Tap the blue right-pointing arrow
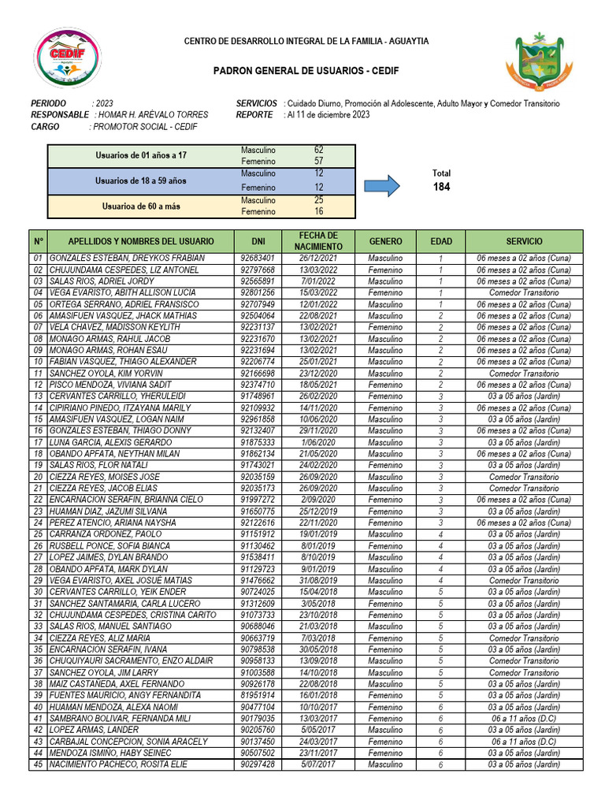point(384,187)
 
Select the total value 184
point(441,187)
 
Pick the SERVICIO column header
point(524,241)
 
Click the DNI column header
point(258,241)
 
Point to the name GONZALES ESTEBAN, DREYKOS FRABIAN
point(127,258)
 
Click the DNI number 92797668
point(258,270)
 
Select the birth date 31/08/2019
point(318,580)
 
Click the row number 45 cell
point(38,764)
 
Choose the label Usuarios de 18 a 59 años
point(141,180)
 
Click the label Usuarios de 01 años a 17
point(141,155)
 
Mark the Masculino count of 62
point(318,149)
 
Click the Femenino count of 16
point(318,211)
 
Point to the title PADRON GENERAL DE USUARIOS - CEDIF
point(306,71)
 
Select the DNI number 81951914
point(258,695)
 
